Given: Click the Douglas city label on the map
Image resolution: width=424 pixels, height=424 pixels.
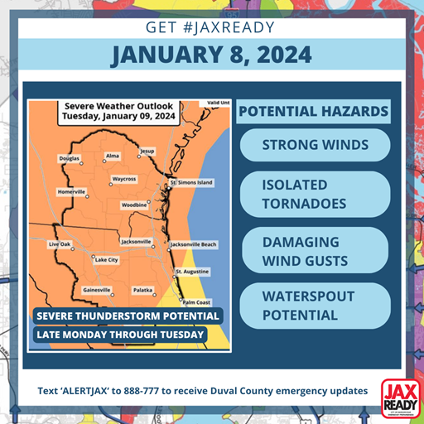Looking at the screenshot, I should tap(69, 157).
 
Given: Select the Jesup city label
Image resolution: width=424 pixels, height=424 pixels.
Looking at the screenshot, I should tap(147, 152).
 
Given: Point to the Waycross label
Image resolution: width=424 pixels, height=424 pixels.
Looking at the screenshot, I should tap(124, 179).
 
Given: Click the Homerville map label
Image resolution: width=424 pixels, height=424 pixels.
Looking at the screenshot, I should tap(71, 191).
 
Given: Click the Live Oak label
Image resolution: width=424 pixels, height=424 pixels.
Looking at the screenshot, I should tap(60, 245).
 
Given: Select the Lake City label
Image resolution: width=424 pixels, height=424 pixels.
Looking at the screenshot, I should tap(107, 260).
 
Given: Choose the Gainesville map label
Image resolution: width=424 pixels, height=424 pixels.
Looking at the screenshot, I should tap(97, 290).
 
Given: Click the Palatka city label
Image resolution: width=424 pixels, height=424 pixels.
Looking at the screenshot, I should tap(143, 290).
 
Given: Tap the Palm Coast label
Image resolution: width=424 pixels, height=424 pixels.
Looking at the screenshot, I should tap(197, 302).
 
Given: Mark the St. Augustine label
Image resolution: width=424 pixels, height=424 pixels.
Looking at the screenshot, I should tap(192, 272).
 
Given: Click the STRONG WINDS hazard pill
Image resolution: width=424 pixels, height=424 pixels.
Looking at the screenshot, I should tap(314, 145).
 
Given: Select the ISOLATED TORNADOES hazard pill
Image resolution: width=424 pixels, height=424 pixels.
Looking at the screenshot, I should tap(314, 194).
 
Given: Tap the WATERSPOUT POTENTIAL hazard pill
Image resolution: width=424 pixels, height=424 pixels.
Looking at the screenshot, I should tap(314, 305).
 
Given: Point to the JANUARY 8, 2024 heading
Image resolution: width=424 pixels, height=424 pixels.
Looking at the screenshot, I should tap(212, 55).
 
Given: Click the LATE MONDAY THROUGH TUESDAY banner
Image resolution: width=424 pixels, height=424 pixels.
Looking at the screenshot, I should tap(119, 335).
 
